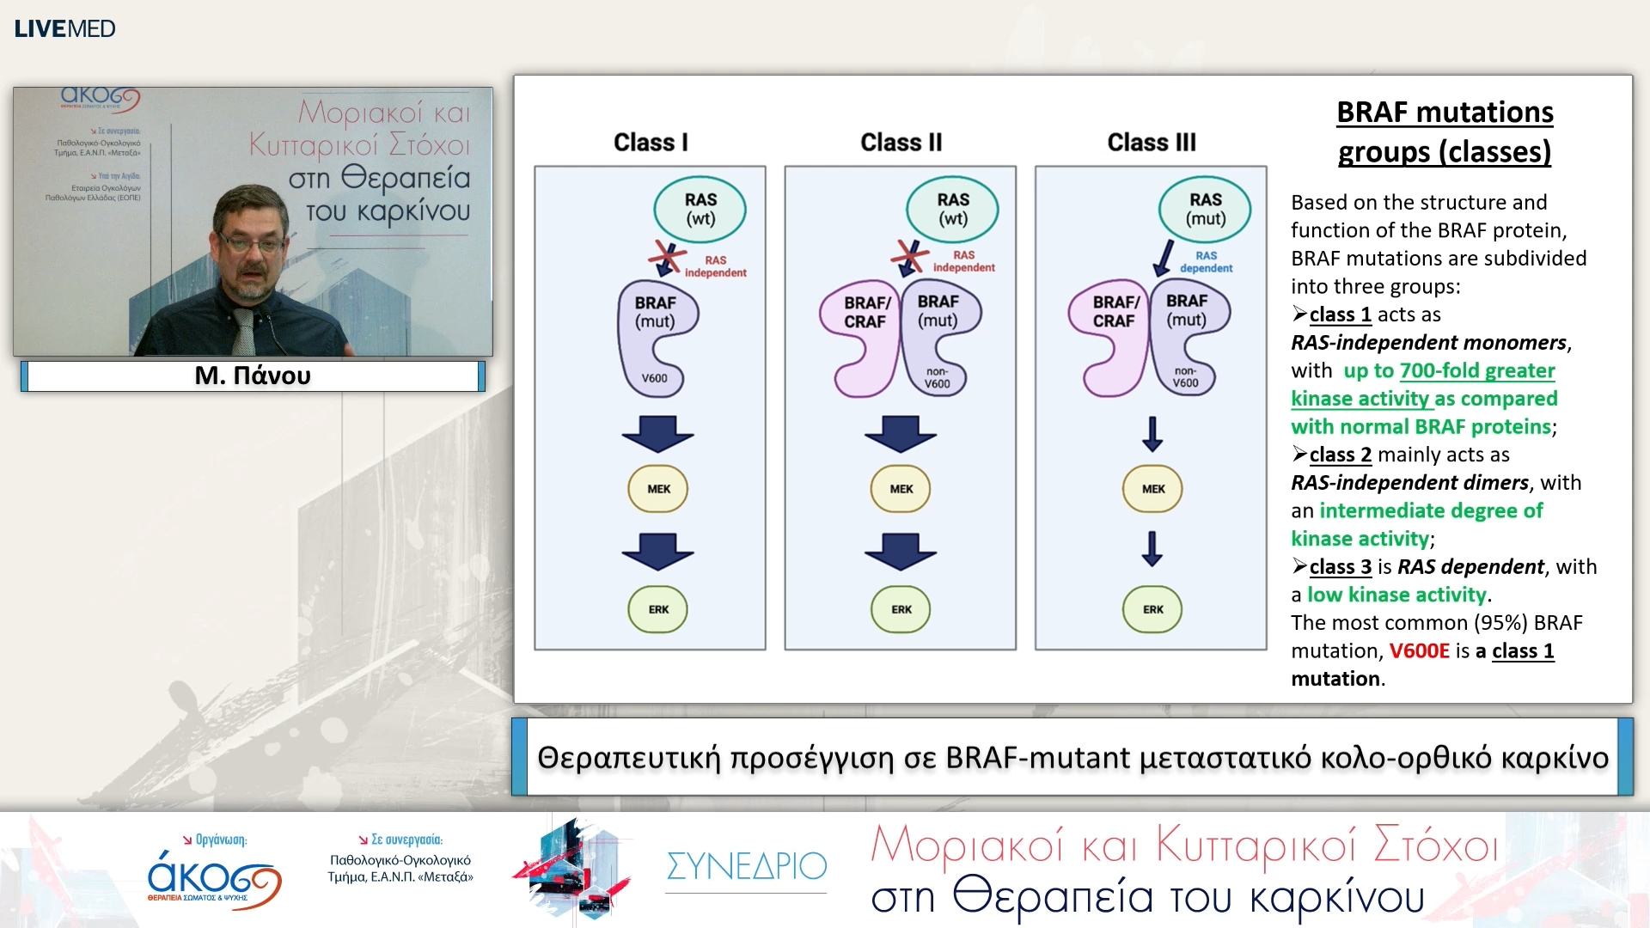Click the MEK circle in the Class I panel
658,489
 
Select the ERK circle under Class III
1152,609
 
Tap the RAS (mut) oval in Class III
1205,209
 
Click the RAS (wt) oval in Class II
952,209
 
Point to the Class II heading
901,143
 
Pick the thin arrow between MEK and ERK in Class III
1152,548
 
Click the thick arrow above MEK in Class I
658,433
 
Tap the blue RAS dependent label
1206,262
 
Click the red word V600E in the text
1419,651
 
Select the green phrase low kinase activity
1396,595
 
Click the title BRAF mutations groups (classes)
1445,131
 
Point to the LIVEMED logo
64,28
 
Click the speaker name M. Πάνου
253,375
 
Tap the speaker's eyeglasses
250,243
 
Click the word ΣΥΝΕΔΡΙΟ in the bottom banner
746,866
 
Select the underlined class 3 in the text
1340,567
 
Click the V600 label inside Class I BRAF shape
654,378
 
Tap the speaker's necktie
244,332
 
